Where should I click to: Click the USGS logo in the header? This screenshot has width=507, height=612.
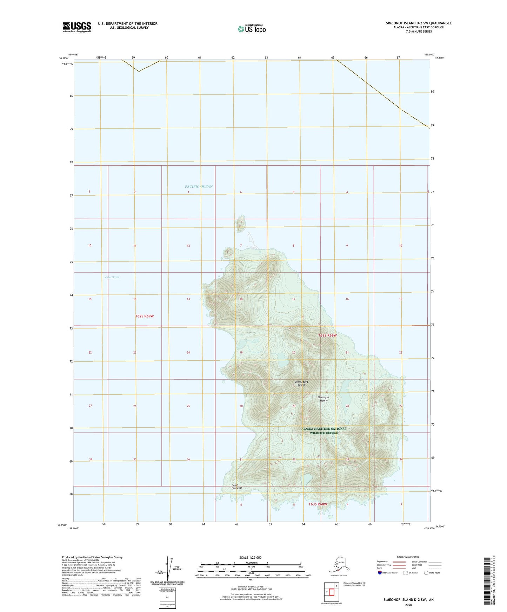pos(76,27)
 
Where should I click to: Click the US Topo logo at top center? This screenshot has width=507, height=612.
pos(251,29)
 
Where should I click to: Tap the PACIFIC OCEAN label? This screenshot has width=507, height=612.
pos(199,186)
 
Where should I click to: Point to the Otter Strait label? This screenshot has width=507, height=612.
pos(112,277)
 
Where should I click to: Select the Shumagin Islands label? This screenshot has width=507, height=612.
pos(322,399)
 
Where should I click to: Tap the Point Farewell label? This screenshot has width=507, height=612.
pos(236,487)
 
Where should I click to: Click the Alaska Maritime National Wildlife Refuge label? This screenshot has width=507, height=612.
pos(323,430)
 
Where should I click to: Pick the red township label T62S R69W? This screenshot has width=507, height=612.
pos(144,316)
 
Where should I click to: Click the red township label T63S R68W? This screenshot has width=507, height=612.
pos(318,504)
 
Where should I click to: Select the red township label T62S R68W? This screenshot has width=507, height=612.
pos(327,335)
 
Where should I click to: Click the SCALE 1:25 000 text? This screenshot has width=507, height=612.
pos(251,558)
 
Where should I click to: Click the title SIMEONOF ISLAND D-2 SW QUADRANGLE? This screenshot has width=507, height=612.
pos(419,23)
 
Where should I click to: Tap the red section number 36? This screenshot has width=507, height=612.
pos(188,460)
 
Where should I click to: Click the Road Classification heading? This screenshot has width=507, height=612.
pos(408,557)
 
